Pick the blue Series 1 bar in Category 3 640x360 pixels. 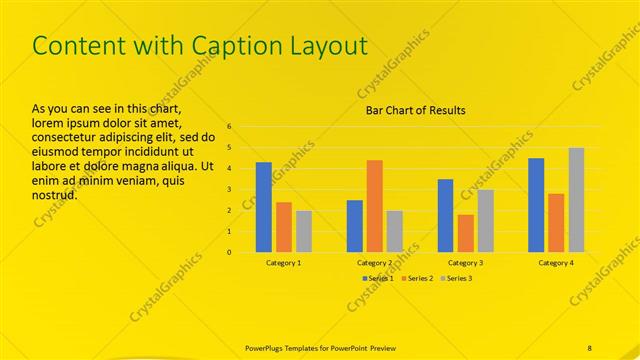pyautogui.click(x=445, y=215)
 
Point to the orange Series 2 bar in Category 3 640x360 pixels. pyautogui.click(x=465, y=233)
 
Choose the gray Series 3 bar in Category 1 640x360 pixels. pyautogui.click(x=303, y=231)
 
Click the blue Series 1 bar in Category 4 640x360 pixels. pyautogui.click(x=536, y=204)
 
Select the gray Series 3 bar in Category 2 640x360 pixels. pyautogui.click(x=394, y=231)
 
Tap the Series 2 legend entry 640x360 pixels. pyautogui.click(x=418, y=277)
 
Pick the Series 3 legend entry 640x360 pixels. pyautogui.click(x=456, y=277)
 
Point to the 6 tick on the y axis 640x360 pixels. pyautogui.click(x=229, y=127)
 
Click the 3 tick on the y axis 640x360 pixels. pyautogui.click(x=229, y=189)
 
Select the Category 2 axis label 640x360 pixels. pyautogui.click(x=374, y=262)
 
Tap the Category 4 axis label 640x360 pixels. pyautogui.click(x=556, y=262)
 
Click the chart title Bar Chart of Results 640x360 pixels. pyautogui.click(x=414, y=110)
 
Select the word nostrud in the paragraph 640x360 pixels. pyautogui.click(x=55, y=195)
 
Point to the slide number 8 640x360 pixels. pyautogui.click(x=590, y=347)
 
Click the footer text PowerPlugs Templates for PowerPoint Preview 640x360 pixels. pyautogui.click(x=320, y=347)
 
